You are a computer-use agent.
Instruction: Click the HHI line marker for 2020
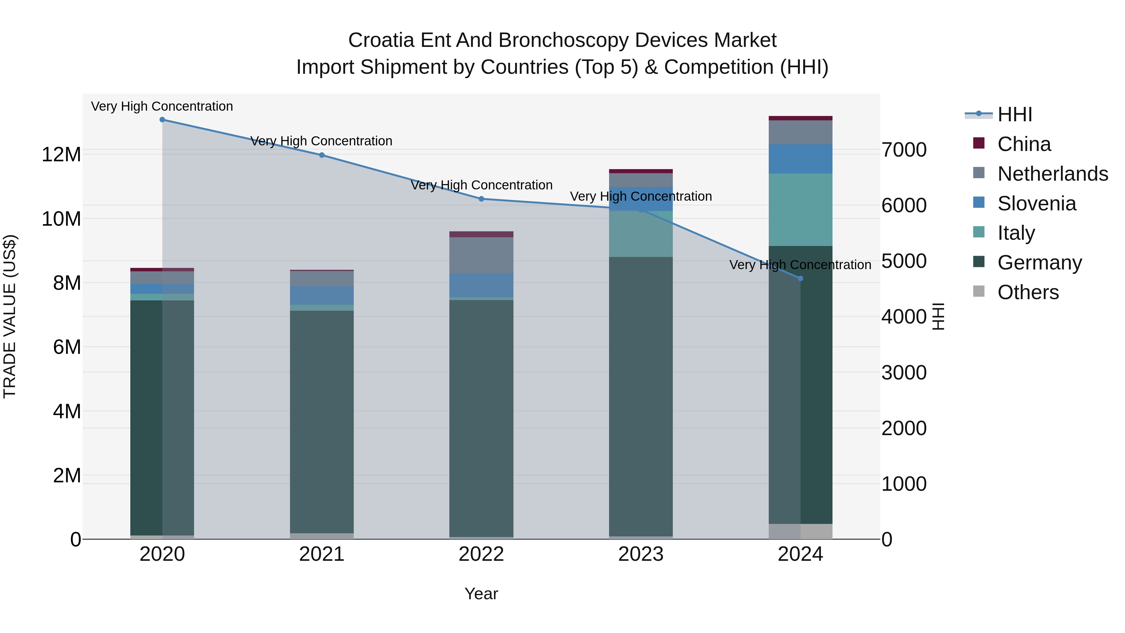(162, 119)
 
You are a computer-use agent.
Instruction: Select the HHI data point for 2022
(481, 199)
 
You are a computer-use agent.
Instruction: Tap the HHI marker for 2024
(801, 278)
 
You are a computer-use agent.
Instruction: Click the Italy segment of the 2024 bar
(801, 210)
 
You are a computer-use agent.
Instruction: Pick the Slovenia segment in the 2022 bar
(481, 285)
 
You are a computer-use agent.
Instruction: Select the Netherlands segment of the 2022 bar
(481, 255)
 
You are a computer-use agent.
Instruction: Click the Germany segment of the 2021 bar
(322, 422)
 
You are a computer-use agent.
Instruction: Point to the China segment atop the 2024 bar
(801, 118)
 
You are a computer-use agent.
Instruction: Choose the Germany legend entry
(1039, 263)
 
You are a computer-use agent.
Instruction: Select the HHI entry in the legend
(1014, 114)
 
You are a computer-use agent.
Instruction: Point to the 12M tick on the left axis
(61, 155)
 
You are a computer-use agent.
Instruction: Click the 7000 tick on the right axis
(903, 150)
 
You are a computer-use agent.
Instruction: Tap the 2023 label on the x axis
(641, 554)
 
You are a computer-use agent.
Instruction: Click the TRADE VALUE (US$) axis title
(10, 316)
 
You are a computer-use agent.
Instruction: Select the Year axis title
(481, 594)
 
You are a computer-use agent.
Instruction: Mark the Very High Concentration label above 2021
(322, 141)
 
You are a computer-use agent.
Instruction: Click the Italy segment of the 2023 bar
(641, 234)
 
